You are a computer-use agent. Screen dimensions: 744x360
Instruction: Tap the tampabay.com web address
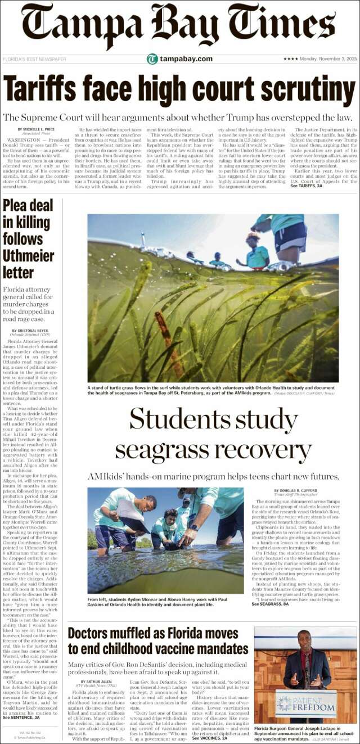(186, 59)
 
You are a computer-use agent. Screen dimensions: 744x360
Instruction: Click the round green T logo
(152, 59)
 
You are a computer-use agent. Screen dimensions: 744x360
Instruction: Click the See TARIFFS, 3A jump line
(307, 186)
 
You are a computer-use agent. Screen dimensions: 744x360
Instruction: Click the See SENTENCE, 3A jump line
(21, 718)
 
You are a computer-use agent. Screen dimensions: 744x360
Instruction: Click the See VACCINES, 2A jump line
(210, 738)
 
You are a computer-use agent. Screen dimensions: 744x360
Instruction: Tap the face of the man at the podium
(305, 642)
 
